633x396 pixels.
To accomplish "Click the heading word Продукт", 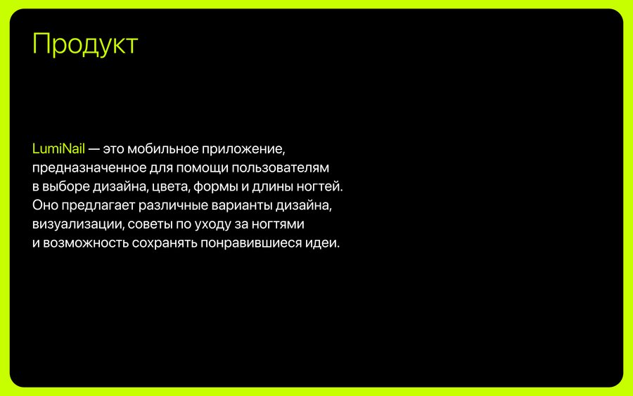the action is click(x=85, y=44).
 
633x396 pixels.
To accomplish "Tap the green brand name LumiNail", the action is click(x=58, y=148).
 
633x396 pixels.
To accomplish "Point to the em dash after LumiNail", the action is click(x=94, y=149).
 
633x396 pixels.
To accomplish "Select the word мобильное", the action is click(x=162, y=149).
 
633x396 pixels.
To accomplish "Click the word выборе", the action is click(x=66, y=187).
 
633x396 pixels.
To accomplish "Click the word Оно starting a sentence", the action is click(x=45, y=205).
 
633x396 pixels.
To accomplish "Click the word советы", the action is click(x=150, y=224).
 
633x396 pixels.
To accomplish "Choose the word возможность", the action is click(x=86, y=243).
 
